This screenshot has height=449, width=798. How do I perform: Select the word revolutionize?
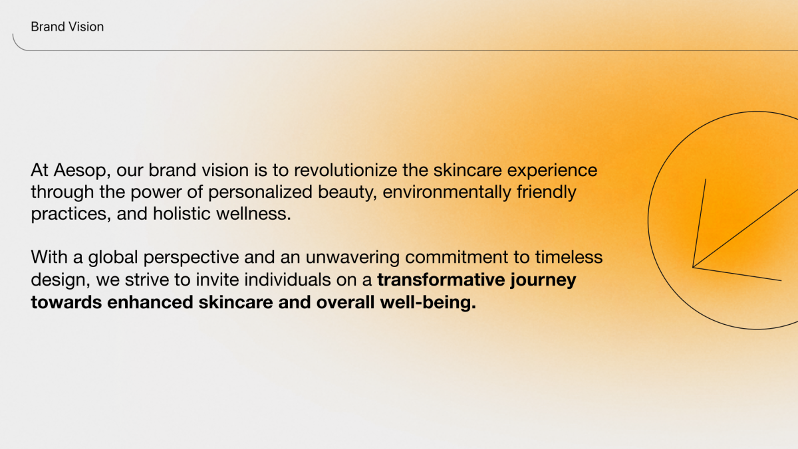click(x=345, y=170)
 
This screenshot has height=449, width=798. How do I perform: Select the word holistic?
click(x=182, y=213)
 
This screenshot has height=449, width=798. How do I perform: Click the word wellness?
click(x=253, y=213)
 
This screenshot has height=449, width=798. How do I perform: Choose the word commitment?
click(x=456, y=257)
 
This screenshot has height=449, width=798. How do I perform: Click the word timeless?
click(x=569, y=257)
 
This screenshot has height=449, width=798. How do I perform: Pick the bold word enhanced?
click(x=150, y=302)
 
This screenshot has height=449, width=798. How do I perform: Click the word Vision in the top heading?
click(x=86, y=27)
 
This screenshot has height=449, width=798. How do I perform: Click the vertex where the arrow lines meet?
click(x=693, y=268)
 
